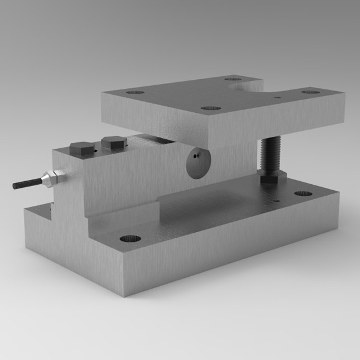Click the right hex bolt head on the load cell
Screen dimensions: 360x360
tap(113, 142)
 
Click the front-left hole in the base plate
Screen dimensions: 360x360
tap(130, 238)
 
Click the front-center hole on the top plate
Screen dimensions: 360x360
tap(211, 109)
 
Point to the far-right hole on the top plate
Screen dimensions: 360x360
tap(310, 92)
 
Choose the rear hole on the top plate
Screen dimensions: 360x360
tap(233, 78)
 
